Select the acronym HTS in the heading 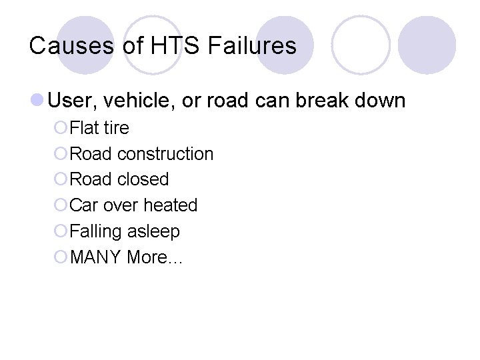click(x=164, y=46)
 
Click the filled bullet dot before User click(x=37, y=101)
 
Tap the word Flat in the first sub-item click(x=84, y=127)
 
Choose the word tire click(x=116, y=127)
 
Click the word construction click(x=165, y=153)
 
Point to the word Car click(x=84, y=205)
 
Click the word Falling click(x=98, y=231)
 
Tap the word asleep click(x=155, y=231)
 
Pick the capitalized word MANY click(x=96, y=257)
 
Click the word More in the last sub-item click(x=152, y=257)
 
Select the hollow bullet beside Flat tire click(x=61, y=127)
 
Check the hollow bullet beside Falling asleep click(x=61, y=231)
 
